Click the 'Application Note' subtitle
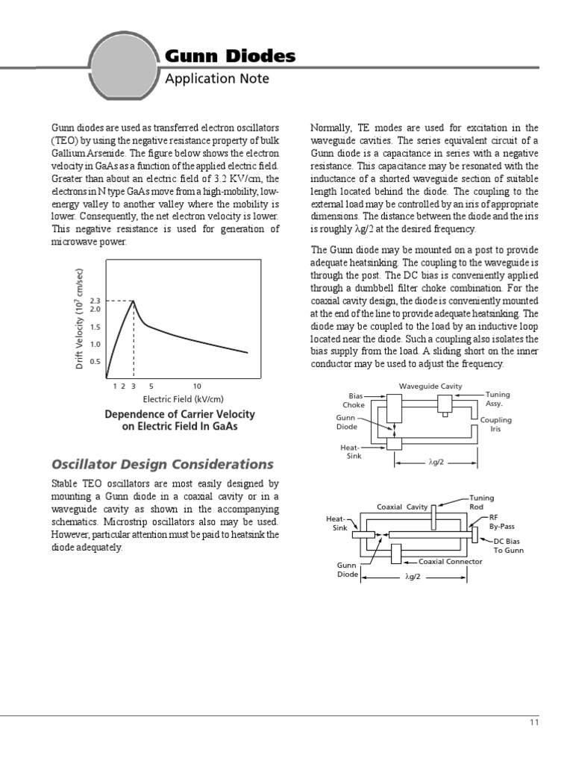coord(216,78)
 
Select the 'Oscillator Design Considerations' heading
coord(162,464)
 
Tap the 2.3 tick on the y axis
coord(95,301)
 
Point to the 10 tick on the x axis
coord(197,386)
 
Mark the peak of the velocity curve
coord(134,301)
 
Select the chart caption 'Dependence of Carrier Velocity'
coord(180,414)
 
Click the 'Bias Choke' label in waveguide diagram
coord(354,400)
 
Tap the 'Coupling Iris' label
coord(500,425)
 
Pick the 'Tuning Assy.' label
coord(498,398)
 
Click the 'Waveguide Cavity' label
coord(430,386)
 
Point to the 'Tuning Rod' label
coord(483,501)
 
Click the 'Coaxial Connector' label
coord(450,562)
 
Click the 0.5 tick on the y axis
coord(95,362)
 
